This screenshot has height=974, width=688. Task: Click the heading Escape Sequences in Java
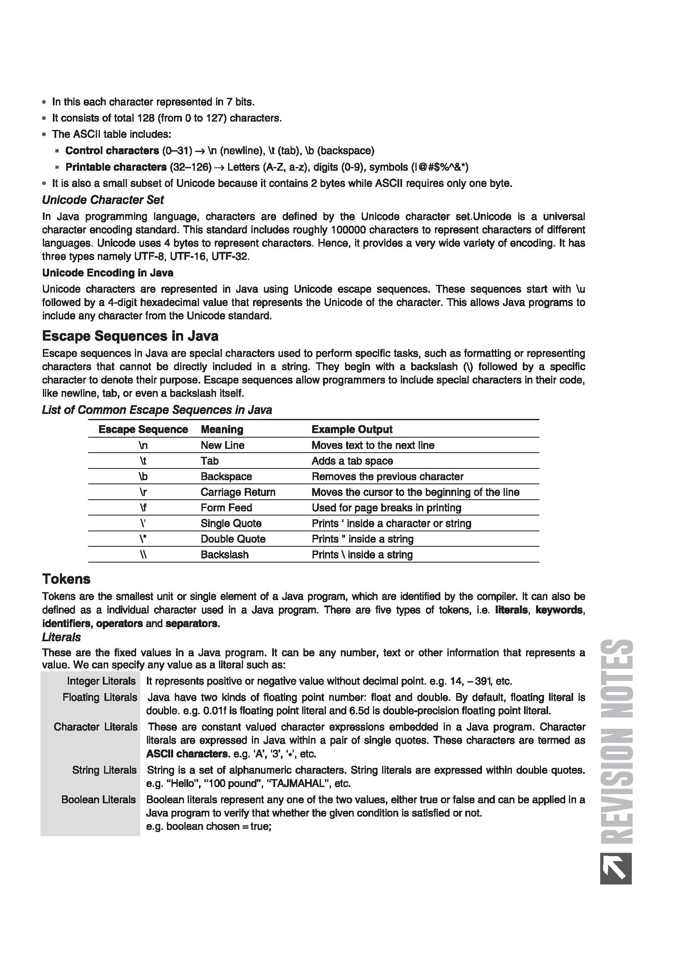click(130, 336)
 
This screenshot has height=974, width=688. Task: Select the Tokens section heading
click(66, 579)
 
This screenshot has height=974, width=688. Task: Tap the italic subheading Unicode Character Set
click(102, 200)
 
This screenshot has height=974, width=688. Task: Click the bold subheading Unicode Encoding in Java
click(107, 272)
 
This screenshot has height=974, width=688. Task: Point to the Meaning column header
click(222, 429)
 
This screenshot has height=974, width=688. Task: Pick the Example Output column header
click(352, 429)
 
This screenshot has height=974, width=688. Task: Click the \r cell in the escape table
click(143, 492)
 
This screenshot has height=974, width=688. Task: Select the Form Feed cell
click(226, 508)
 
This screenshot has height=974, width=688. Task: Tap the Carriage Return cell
click(238, 492)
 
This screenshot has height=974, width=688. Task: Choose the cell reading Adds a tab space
click(352, 461)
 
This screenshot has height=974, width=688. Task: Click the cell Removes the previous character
click(387, 476)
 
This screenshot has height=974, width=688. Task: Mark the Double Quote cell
click(233, 539)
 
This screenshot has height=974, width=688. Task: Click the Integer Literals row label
click(101, 681)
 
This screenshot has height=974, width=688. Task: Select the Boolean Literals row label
click(98, 799)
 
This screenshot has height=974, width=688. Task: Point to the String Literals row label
click(104, 770)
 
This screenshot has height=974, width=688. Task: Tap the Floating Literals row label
click(99, 697)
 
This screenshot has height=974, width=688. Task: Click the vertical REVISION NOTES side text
click(617, 742)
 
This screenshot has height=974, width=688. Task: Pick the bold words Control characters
click(112, 151)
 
